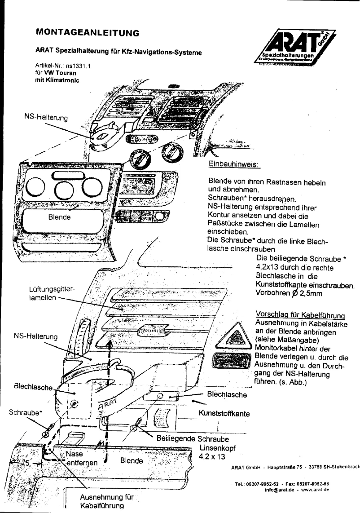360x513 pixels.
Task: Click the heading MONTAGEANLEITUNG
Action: [87, 32]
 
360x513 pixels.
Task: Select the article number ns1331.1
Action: [78, 66]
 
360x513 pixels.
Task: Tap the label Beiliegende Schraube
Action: [193, 438]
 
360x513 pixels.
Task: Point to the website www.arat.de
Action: [315, 490]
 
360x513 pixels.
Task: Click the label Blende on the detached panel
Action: [59, 217]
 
